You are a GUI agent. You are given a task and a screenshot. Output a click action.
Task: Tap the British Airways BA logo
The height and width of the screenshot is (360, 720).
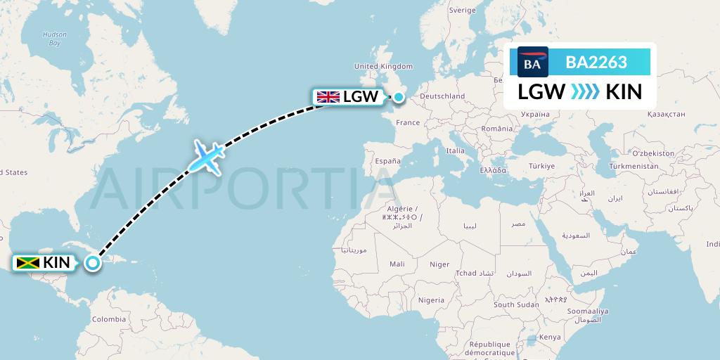pyautogui.click(x=532, y=63)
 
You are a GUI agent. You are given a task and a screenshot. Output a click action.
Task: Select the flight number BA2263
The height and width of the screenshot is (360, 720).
pyautogui.click(x=596, y=63)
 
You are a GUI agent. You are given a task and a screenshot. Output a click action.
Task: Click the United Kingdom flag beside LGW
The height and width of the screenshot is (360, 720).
pyautogui.click(x=328, y=97)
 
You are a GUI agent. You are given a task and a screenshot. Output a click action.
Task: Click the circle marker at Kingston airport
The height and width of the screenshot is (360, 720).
pyautogui.click(x=93, y=263)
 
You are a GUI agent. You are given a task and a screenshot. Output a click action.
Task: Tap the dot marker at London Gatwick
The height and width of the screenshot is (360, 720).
pyautogui.click(x=399, y=97)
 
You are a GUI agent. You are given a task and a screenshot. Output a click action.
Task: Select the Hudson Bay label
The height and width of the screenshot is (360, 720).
pyautogui.click(x=54, y=39)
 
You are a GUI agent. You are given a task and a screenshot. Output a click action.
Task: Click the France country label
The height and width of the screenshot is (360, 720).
pyautogui.click(x=408, y=122)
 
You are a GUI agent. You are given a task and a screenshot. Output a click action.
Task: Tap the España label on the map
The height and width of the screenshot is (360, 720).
pyautogui.click(x=387, y=161)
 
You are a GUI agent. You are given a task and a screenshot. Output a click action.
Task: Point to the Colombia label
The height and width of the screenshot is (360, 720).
pyautogui.click(x=109, y=319)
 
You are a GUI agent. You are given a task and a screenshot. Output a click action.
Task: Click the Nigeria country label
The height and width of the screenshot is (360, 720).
pyautogui.click(x=431, y=300)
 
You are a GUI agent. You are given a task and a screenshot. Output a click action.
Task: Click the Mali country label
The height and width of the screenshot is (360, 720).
pyautogui.click(x=397, y=264)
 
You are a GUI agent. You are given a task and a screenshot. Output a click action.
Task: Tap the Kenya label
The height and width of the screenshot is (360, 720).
pyautogui.click(x=551, y=337)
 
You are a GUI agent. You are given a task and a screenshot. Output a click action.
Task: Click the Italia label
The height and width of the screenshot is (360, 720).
pyautogui.click(x=456, y=150)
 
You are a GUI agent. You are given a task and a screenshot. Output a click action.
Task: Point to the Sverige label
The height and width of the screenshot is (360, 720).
pyautogui.click(x=462, y=11)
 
